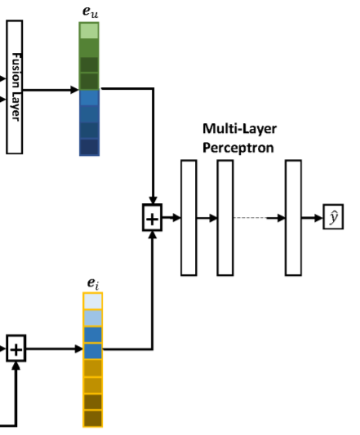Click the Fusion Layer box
(15, 87)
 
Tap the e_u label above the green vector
(91, 11)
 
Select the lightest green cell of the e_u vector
(89, 31)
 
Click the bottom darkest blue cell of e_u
(89, 147)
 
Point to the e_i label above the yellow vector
(93, 283)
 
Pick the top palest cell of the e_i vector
(93, 301)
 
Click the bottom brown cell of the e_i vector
(93, 418)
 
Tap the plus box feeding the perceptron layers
(152, 217)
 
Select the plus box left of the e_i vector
(16, 348)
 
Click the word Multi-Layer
(239, 129)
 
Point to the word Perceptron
(238, 148)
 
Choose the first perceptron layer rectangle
(189, 218)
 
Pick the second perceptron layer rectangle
(225, 218)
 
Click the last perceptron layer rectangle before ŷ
(293, 218)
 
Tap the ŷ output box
(333, 216)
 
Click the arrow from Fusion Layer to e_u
(51, 90)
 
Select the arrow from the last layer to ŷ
(313, 218)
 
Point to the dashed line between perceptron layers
(250, 218)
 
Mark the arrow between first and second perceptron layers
(207, 218)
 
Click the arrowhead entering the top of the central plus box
(153, 201)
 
